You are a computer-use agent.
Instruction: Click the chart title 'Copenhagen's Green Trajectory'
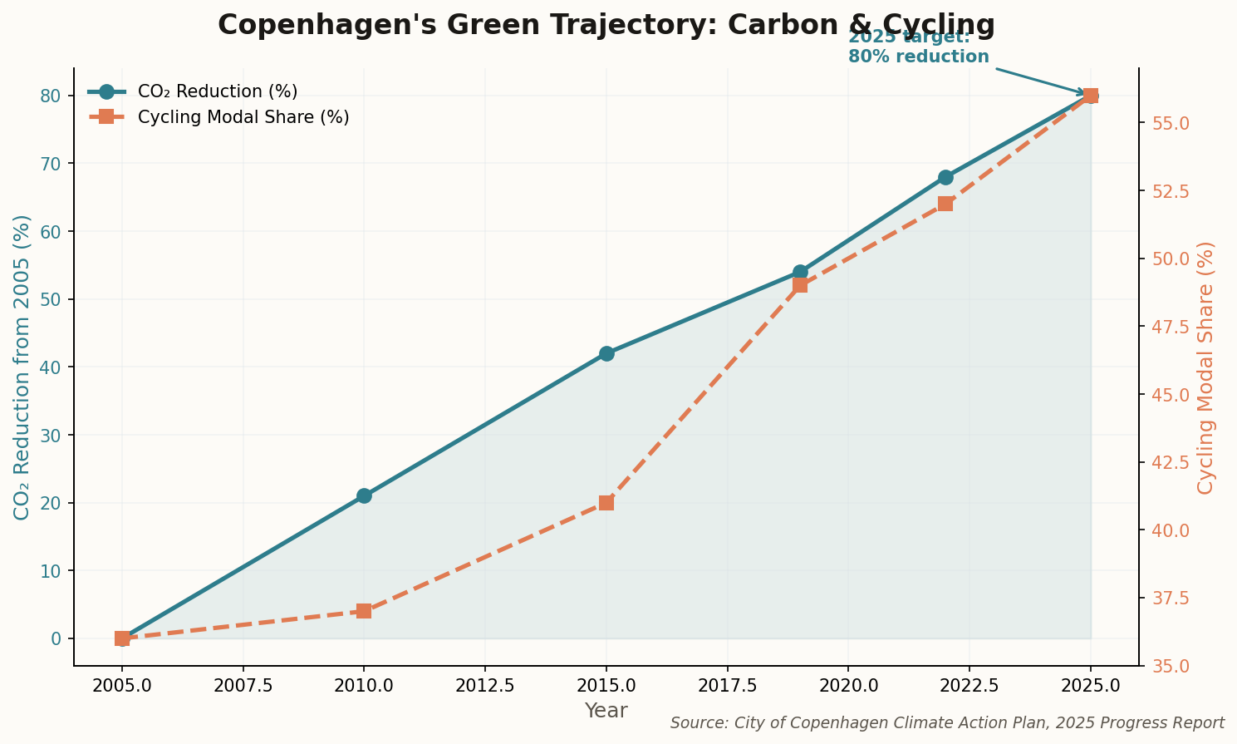[x=606, y=26]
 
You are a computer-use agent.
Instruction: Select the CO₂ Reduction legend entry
[x=217, y=91]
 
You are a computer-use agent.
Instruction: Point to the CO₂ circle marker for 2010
[x=364, y=495]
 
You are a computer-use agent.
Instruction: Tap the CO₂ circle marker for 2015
[x=606, y=353]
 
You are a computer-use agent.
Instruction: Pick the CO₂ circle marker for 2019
[x=800, y=272]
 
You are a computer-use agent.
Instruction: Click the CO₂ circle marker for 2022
[x=945, y=177]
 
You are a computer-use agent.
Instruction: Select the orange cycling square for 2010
[x=364, y=611]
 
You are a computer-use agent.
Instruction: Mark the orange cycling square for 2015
[x=606, y=503]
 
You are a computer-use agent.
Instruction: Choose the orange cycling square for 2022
[x=945, y=204]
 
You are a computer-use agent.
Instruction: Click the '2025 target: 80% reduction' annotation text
[x=918, y=47]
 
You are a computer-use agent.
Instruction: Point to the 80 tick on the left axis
[x=52, y=96]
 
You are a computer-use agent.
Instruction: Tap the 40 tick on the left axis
[x=52, y=367]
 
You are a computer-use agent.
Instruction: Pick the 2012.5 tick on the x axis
[x=484, y=687]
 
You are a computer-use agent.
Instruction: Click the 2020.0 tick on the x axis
[x=848, y=687]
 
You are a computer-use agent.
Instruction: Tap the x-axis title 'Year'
[x=606, y=711]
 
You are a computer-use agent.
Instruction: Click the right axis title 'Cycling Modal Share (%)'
[x=1205, y=367]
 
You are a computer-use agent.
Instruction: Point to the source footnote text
[x=947, y=723]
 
